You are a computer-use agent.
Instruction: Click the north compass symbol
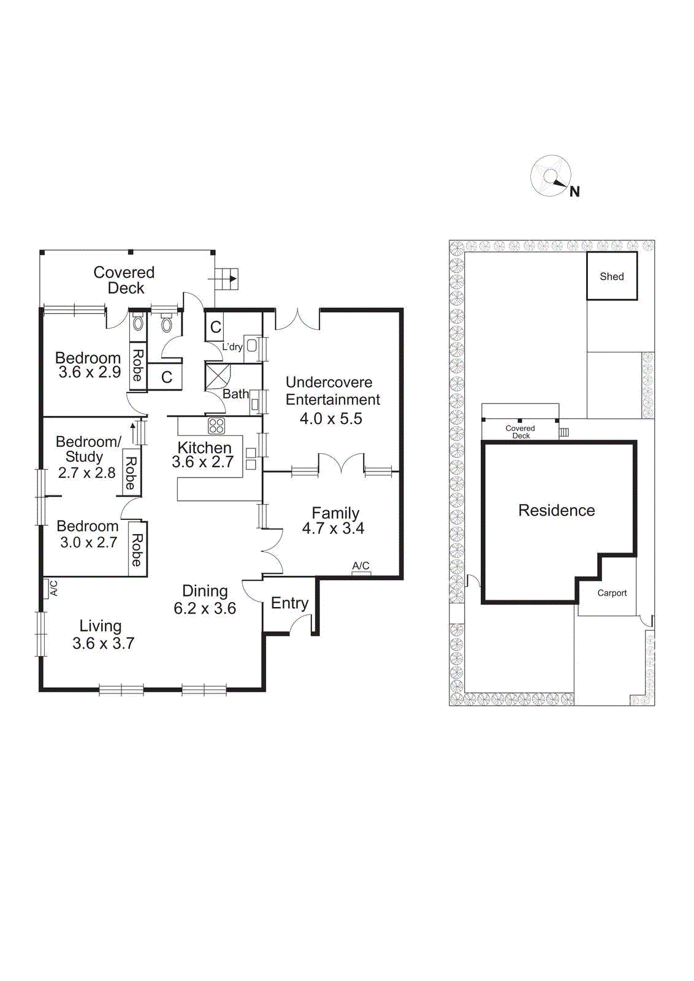click(551, 177)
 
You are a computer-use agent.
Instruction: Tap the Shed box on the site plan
click(611, 277)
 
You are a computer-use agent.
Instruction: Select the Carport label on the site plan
click(611, 593)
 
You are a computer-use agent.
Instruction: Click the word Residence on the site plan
click(556, 510)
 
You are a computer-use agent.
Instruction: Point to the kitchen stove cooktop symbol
click(216, 426)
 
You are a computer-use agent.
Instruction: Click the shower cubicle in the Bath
click(217, 376)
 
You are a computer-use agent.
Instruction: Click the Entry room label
click(289, 603)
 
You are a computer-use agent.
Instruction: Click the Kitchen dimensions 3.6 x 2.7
click(202, 462)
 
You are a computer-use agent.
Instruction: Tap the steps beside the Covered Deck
click(227, 279)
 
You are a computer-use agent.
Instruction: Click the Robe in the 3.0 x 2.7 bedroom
click(137, 549)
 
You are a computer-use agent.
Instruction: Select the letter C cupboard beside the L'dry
click(215, 327)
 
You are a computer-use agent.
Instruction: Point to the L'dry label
click(232, 347)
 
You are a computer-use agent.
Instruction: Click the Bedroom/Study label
click(88, 449)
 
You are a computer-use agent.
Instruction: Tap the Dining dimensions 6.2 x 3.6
click(205, 608)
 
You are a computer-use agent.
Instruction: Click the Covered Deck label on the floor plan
click(124, 280)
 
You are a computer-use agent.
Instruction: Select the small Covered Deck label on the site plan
click(520, 432)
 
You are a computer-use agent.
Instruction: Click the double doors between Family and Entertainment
click(341, 464)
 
